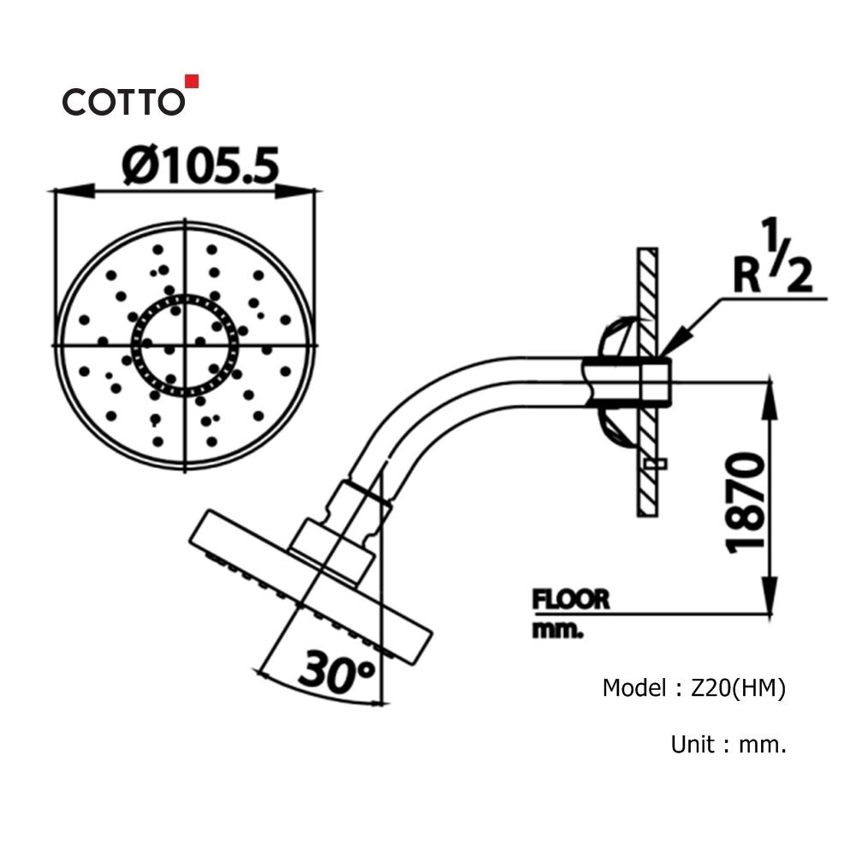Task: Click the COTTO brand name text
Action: pos(122,102)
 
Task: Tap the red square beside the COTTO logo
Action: pos(192,82)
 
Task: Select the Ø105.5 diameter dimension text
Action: pos(200,164)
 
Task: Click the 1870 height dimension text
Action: pos(742,503)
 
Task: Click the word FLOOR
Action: pos(571,599)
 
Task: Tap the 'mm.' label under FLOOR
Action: pos(557,632)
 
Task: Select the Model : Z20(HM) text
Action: pos(693,687)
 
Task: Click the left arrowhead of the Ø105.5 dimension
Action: pos(63,191)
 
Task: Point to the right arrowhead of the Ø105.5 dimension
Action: pos(310,191)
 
